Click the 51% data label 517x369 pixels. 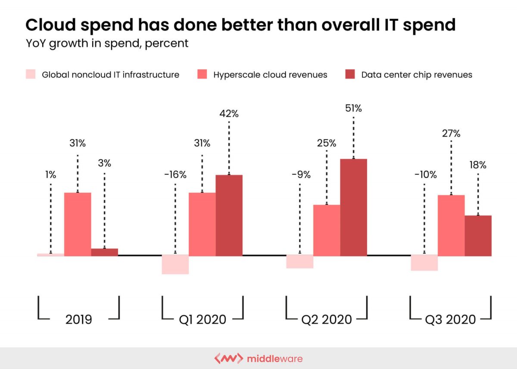(x=353, y=108)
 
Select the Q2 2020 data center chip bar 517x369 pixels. (x=353, y=207)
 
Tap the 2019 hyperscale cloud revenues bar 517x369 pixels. (x=78, y=224)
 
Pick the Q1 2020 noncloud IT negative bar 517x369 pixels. (x=175, y=264)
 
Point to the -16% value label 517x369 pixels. (x=175, y=175)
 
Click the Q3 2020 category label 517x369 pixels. (x=450, y=319)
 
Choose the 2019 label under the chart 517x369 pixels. (x=78, y=319)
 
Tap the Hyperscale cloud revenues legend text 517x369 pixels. (x=270, y=75)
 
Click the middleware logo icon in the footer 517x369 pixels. (x=228, y=359)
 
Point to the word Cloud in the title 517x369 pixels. (x=50, y=25)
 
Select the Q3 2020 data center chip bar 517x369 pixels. (x=478, y=236)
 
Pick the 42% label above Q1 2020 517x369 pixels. (x=229, y=114)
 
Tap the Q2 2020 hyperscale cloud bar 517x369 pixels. (x=327, y=230)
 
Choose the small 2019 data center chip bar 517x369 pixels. (x=104, y=252)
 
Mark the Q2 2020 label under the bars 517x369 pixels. (x=327, y=319)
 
